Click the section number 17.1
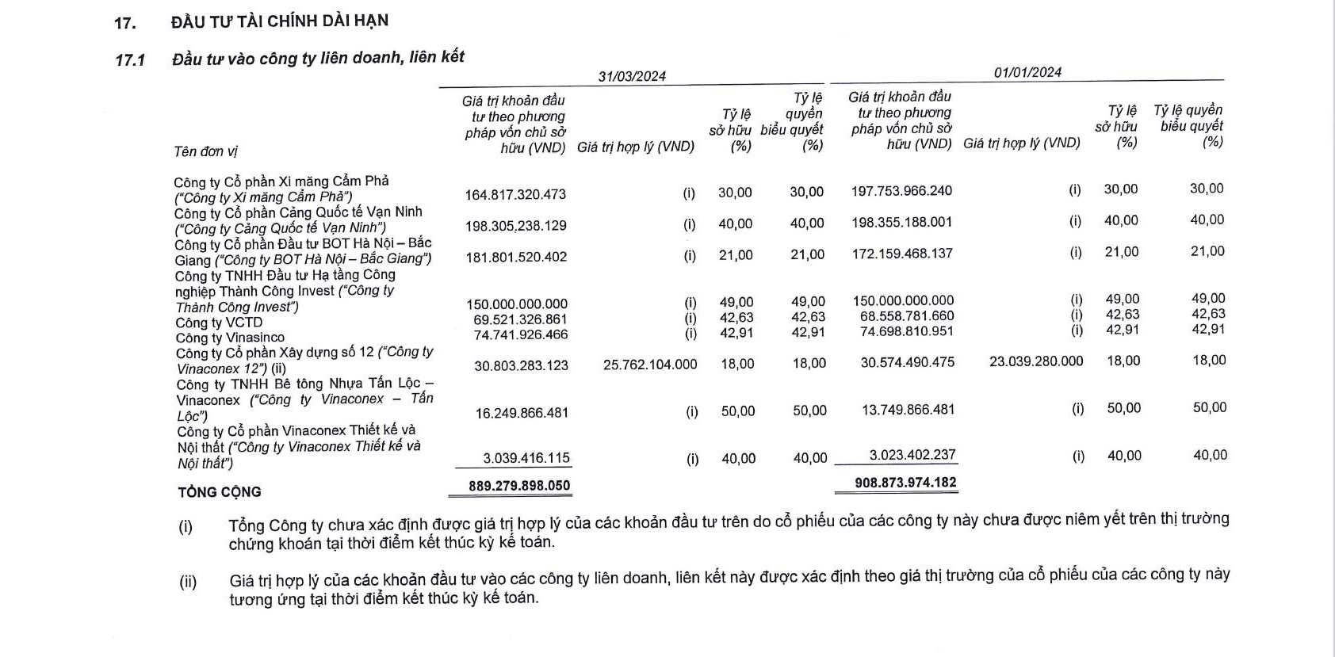click(x=130, y=59)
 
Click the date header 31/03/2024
click(x=632, y=76)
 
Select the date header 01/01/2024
click(x=1027, y=72)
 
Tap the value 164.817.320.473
click(x=515, y=194)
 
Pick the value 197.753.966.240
click(x=901, y=191)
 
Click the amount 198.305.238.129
click(x=515, y=226)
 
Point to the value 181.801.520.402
click(x=516, y=257)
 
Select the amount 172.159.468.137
click(x=902, y=254)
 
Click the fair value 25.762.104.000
click(x=650, y=365)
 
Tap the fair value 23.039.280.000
click(x=1036, y=361)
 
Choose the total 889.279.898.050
click(x=519, y=486)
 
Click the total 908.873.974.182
click(x=905, y=483)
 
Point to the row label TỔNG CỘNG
click(x=220, y=492)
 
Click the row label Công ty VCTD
click(x=219, y=323)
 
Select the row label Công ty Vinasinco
click(x=230, y=338)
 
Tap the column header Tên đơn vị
click(x=205, y=151)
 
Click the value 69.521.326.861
click(x=520, y=319)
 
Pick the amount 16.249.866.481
click(x=523, y=413)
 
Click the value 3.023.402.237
click(x=912, y=455)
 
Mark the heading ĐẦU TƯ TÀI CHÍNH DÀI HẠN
click(x=280, y=21)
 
